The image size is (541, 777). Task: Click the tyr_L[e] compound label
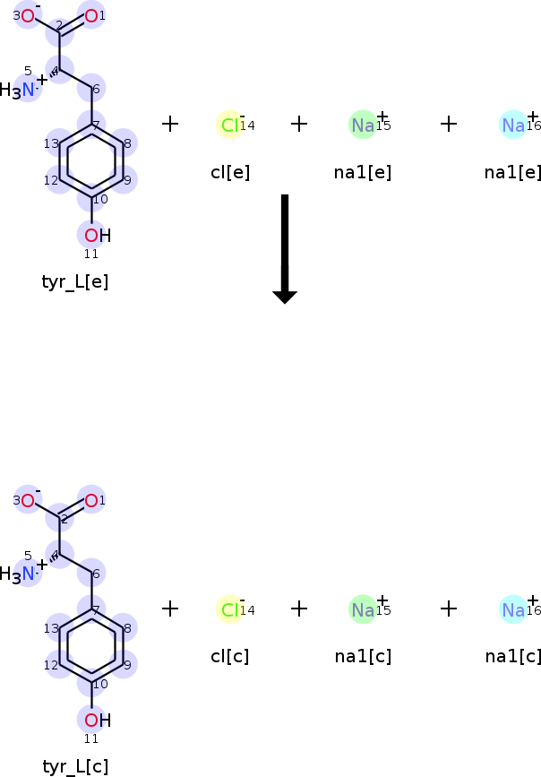75,282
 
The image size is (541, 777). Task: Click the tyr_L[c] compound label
75,766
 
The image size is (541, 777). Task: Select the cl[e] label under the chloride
230,172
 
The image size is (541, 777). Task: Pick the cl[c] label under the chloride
230,657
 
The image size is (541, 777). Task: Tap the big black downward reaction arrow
285,249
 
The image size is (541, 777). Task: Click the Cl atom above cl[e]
230,125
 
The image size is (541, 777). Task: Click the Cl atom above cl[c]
230,609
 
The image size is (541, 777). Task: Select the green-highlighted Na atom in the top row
363,125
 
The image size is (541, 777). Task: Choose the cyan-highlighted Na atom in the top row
513,125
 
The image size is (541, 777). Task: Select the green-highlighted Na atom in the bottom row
363,609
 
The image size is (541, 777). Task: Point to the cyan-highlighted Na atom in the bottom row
513,609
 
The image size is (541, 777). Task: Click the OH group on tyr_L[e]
98,236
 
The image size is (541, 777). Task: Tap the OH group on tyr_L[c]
98,720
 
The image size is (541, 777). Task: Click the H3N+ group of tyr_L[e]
22,87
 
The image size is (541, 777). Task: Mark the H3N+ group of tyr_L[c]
22,572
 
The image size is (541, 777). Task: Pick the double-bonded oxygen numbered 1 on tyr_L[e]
91,16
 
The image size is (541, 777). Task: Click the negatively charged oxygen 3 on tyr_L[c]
28,500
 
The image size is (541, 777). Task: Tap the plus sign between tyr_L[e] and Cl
170,124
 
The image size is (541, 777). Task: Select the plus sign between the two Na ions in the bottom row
449,609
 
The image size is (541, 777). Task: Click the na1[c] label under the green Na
363,657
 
